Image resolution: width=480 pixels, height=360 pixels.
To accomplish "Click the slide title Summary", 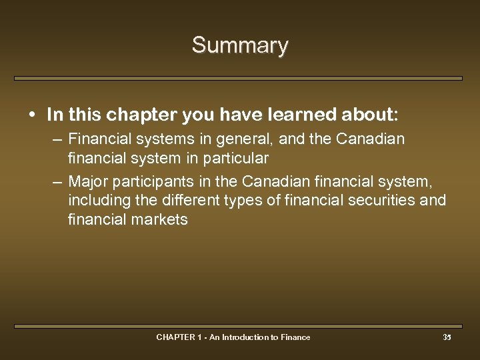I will [240, 45].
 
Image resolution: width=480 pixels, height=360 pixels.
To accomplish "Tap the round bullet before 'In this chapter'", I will [33, 115].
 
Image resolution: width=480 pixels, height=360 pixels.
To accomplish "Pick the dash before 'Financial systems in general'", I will [58, 140].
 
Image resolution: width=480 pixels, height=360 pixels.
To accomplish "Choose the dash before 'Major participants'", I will [58, 181].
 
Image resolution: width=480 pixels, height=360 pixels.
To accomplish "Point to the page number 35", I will [447, 337].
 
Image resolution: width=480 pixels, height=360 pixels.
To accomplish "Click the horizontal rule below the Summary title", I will [238, 78].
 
